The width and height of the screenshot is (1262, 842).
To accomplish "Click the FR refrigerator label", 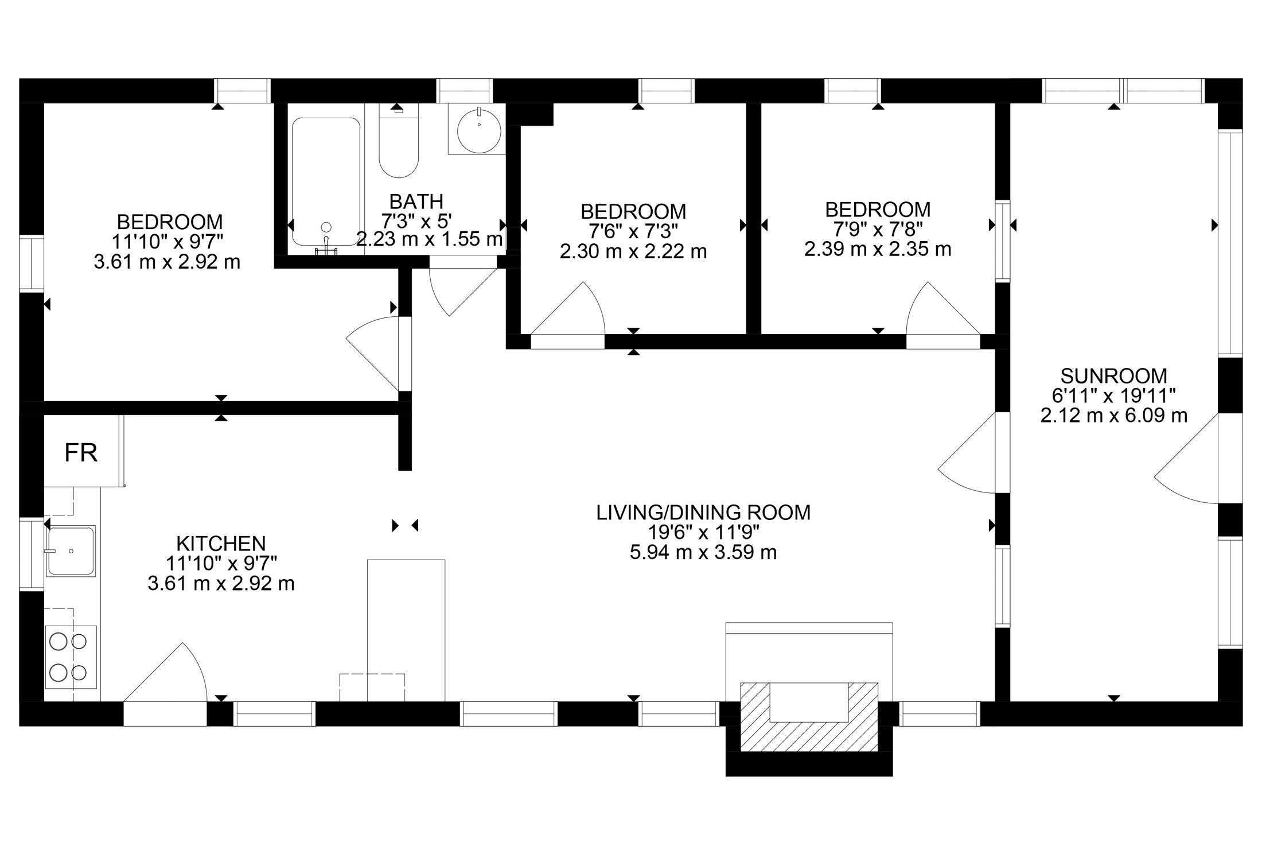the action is click(81, 453).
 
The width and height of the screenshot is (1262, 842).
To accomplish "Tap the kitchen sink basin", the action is click(71, 551).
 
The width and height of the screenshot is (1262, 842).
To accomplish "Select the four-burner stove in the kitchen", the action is click(71, 657).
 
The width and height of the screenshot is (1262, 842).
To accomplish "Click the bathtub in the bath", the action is click(326, 182).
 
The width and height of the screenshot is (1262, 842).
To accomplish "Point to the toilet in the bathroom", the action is click(399, 141).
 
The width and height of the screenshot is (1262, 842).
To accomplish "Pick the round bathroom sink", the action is click(479, 131).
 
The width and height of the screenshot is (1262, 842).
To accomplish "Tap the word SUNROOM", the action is click(1113, 376).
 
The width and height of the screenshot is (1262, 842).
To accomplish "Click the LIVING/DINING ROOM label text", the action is click(704, 513).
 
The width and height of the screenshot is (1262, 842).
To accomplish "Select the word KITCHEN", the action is click(221, 543).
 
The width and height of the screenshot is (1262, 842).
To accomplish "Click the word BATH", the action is click(416, 201).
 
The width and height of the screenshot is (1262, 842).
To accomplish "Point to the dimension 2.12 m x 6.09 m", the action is click(1113, 415).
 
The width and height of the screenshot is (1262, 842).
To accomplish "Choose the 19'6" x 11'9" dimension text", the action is click(704, 533).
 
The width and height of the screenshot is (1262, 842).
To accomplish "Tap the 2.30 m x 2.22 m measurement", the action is click(633, 251).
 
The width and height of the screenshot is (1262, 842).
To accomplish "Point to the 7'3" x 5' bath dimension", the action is click(416, 220).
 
